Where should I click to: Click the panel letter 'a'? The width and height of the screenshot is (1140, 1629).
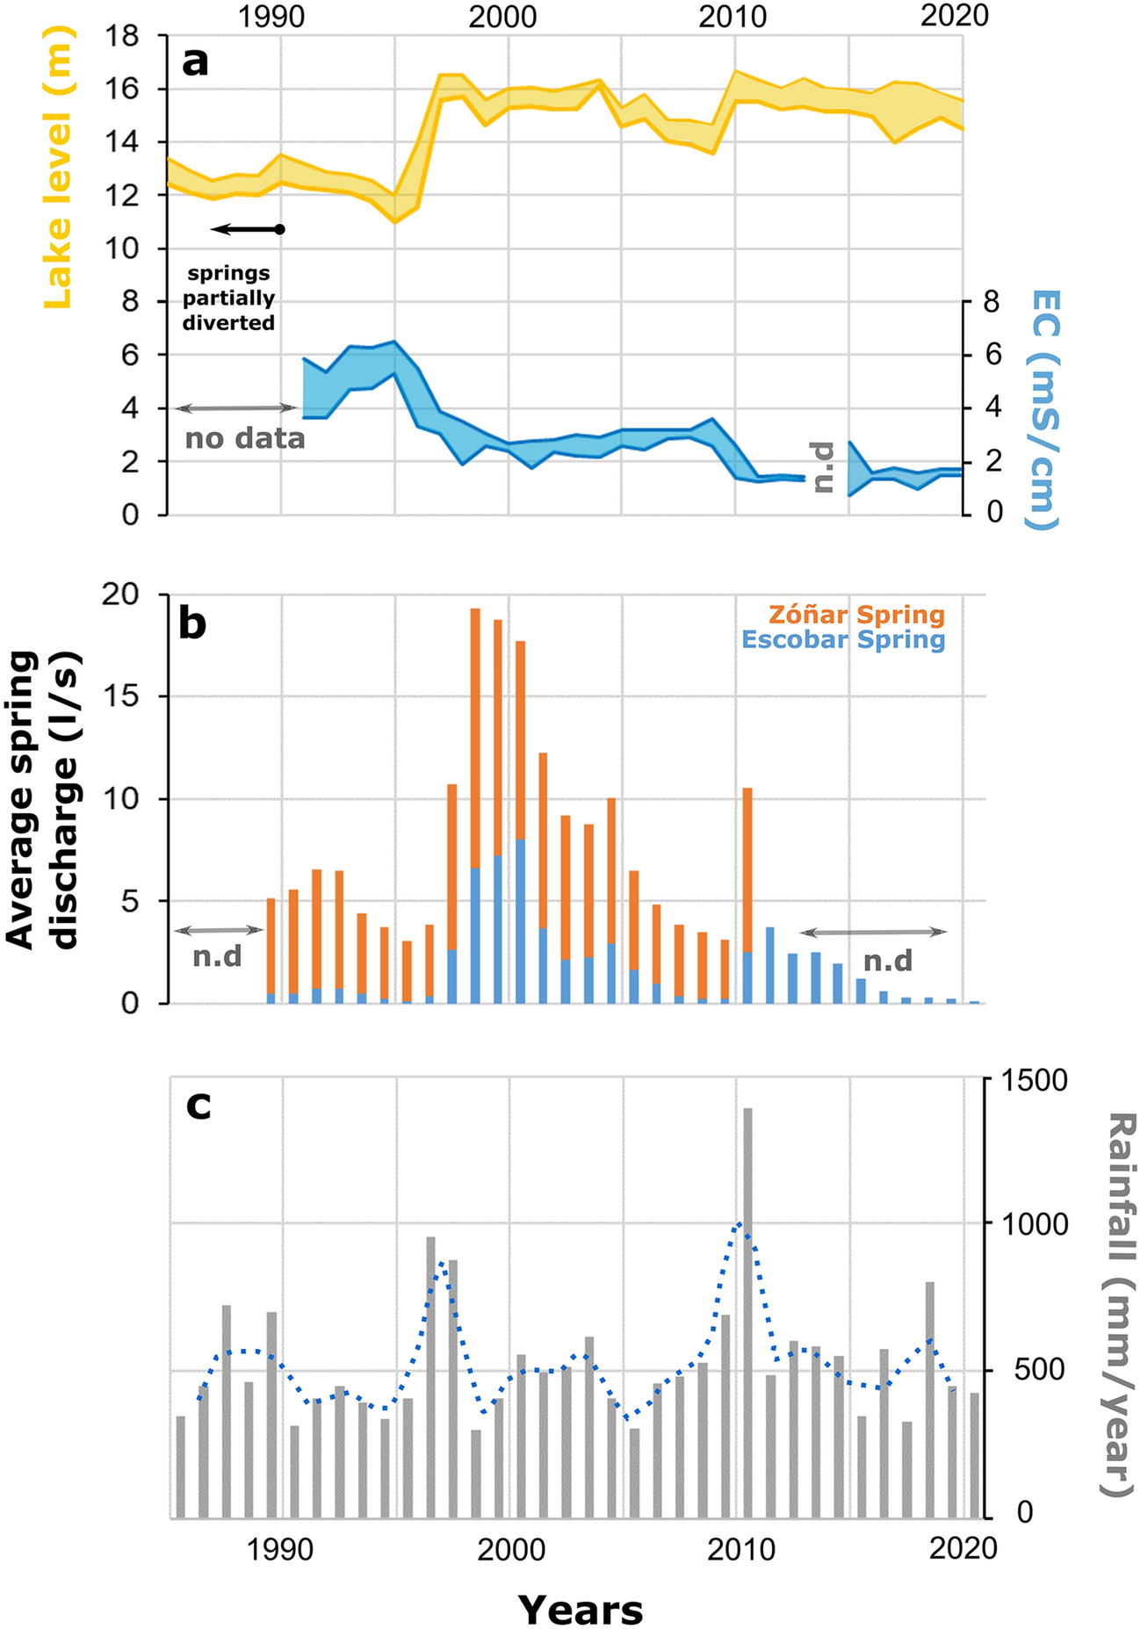[195, 62]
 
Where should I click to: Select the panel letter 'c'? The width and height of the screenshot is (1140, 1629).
[198, 1105]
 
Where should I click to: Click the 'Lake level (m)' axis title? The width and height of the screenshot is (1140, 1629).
[57, 167]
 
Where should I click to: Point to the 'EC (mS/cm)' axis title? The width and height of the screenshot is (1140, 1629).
[1043, 409]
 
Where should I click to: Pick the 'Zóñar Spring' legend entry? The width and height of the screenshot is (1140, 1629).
[856, 615]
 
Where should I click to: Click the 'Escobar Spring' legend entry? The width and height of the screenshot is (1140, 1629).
[843, 639]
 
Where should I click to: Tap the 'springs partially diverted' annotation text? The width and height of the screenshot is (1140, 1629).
[228, 298]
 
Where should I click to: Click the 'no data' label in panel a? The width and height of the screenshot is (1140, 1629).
[245, 437]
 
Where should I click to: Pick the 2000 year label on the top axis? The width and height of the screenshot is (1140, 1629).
[502, 16]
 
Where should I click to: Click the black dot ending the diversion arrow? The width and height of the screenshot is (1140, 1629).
[280, 229]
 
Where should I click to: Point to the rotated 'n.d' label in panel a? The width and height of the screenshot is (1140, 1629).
[823, 466]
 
